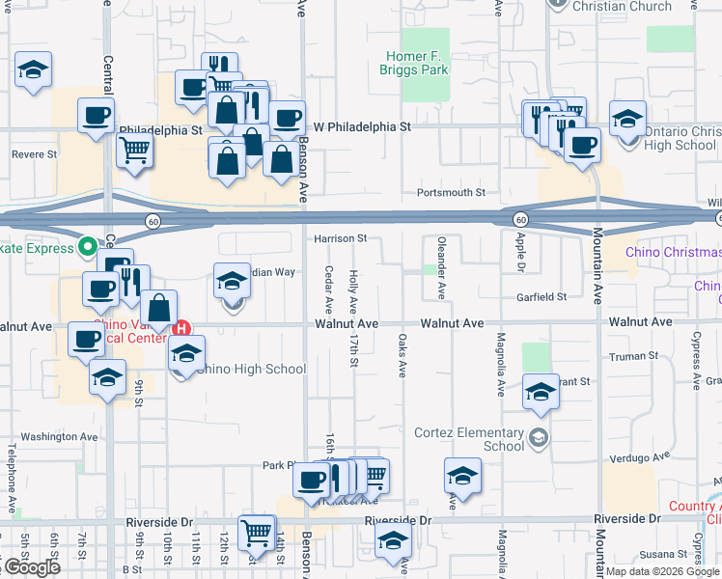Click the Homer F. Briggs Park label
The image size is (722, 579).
coord(418,64)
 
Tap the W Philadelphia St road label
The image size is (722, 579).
coord(364,126)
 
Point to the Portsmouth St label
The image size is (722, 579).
coord(450,193)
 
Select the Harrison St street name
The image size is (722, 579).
coord(339,238)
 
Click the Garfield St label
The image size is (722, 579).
coord(541,297)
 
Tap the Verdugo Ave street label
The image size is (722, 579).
coord(649,456)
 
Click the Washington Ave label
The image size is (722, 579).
coord(60,436)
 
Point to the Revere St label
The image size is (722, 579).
coord(35,153)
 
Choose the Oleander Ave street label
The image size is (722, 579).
coord(441,264)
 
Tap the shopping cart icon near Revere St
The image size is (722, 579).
coord(135,150)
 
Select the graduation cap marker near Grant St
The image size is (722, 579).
coord(541,390)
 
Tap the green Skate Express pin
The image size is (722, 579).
coord(86,248)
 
